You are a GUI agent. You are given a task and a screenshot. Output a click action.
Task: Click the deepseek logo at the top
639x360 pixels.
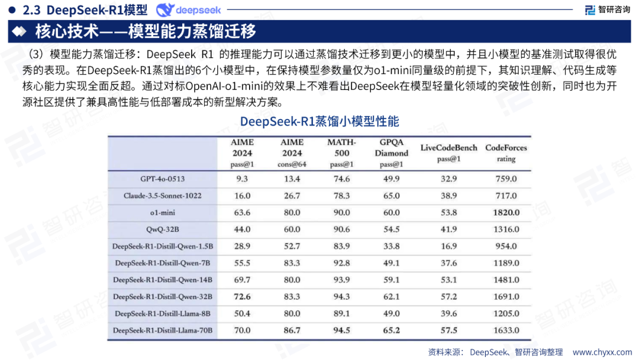point(188,10)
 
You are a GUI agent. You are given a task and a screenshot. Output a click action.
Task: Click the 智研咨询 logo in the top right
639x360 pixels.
point(607,9)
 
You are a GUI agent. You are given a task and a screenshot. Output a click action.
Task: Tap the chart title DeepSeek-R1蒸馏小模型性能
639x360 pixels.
point(319,121)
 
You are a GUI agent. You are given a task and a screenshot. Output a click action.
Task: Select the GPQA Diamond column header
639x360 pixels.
point(392,153)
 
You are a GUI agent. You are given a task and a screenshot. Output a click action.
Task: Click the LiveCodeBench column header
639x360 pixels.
point(448,152)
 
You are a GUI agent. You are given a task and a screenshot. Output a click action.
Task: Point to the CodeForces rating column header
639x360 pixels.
point(506,152)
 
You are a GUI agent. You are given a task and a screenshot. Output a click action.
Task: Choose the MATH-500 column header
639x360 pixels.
point(341,153)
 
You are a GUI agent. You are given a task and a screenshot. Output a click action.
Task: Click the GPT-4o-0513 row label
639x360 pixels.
point(162,179)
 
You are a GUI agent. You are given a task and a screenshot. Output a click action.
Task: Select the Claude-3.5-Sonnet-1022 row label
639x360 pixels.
point(162,195)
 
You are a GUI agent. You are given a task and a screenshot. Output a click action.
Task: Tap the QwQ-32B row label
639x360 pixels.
point(162,229)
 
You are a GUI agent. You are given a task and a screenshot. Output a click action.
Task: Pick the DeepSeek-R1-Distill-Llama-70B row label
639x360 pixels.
point(162,330)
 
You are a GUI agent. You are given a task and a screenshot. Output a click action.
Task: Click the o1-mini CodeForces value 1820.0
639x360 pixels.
point(506,213)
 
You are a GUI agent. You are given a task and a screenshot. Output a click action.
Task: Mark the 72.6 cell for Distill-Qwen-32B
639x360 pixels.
point(242,297)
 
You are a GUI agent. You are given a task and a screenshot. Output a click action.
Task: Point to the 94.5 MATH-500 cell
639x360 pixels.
point(341,330)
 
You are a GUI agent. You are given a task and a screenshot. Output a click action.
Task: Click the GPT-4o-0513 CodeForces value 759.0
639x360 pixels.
point(506,179)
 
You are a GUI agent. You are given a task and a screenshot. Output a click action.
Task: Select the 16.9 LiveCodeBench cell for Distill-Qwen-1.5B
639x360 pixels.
point(448,246)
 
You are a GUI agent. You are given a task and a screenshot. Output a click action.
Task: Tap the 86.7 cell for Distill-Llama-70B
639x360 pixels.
point(292,330)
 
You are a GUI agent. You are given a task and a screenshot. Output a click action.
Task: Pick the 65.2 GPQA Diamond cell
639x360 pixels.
point(392,330)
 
